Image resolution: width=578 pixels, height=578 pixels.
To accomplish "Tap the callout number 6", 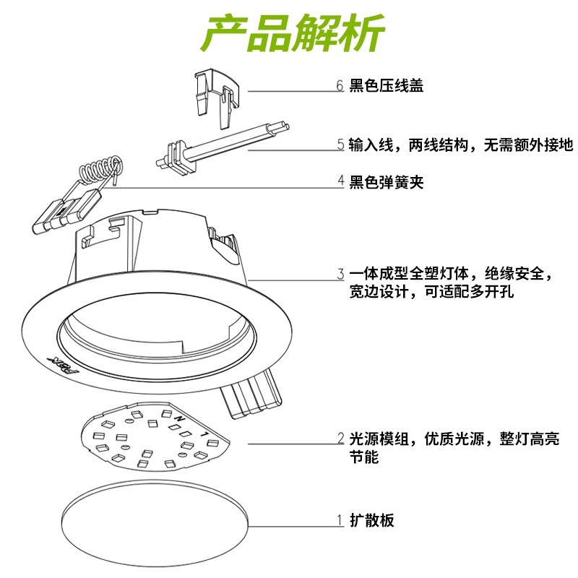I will (340, 86).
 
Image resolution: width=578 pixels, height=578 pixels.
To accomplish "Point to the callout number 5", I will (340, 145).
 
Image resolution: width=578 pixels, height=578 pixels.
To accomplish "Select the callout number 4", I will (340, 182).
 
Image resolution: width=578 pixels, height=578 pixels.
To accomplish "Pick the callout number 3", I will (340, 275).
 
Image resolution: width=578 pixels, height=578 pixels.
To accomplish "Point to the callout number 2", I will (340, 439).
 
